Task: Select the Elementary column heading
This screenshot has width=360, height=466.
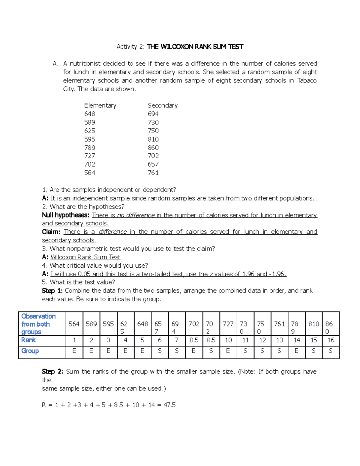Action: point(100,106)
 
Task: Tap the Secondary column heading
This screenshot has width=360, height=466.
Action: point(163,106)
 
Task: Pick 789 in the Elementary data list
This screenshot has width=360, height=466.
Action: point(90,148)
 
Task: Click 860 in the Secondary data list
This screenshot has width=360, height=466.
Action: point(153,148)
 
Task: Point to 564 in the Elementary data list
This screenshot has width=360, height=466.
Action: point(90,173)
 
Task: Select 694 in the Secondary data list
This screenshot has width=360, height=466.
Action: point(153,114)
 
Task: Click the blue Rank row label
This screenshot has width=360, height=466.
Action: point(28,340)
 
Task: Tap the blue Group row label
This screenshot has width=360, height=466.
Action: point(30,351)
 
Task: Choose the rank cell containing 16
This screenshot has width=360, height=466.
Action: point(331,340)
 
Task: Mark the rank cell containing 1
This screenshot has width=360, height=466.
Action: point(74,340)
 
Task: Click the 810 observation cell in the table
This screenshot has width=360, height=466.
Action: point(313,324)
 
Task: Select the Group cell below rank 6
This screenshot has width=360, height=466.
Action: point(160,351)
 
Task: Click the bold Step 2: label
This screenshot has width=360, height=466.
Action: point(52,371)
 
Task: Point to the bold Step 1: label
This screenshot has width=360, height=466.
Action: point(52,291)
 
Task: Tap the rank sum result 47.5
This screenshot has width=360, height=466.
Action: point(169,405)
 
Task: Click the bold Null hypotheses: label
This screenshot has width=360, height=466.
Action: point(66,215)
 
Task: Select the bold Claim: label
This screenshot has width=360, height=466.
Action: point(51,232)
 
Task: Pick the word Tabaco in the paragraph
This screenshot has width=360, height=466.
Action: point(307,80)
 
